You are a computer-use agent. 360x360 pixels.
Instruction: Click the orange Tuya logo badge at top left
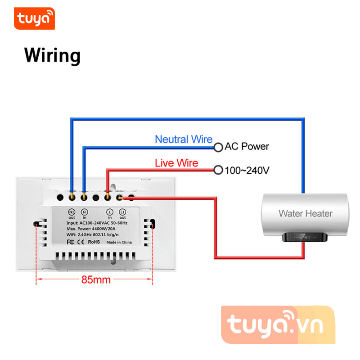[x=34, y=18]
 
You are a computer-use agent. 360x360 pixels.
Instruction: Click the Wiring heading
[x=52, y=55]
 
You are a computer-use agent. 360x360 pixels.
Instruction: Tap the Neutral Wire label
[x=184, y=139]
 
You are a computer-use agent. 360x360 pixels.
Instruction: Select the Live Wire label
[x=176, y=162]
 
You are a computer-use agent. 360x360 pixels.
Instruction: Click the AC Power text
[x=247, y=146]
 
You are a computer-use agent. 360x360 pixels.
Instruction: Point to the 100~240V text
[x=247, y=170]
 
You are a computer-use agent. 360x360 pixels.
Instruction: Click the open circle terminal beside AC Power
[x=218, y=147]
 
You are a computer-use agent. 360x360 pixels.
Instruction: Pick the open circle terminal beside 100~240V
[x=218, y=170]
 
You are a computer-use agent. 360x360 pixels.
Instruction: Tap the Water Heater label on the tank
[x=305, y=213]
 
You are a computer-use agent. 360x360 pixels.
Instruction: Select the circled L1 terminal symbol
[x=122, y=211]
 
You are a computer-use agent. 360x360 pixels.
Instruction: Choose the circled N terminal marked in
[x=84, y=211]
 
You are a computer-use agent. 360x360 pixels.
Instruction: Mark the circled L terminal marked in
[x=109, y=211]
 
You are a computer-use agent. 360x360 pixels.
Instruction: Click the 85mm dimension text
[x=96, y=279]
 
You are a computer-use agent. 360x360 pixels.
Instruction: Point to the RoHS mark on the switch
[x=94, y=242]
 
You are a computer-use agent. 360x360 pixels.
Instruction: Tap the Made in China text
[x=119, y=242]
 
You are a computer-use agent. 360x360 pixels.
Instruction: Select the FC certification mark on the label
[x=70, y=242]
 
